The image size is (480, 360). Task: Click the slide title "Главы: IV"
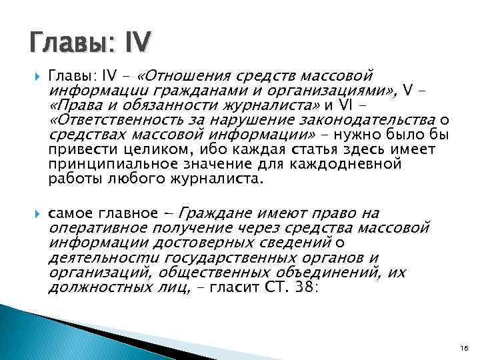91,45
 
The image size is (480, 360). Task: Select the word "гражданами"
189,91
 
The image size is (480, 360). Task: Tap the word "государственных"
219,258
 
